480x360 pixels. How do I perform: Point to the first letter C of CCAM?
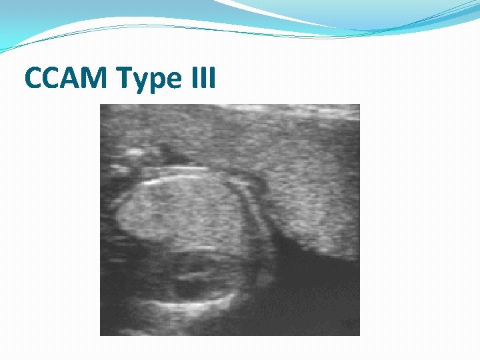coord(35,78)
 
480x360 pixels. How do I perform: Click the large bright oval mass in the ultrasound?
coord(180,213)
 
